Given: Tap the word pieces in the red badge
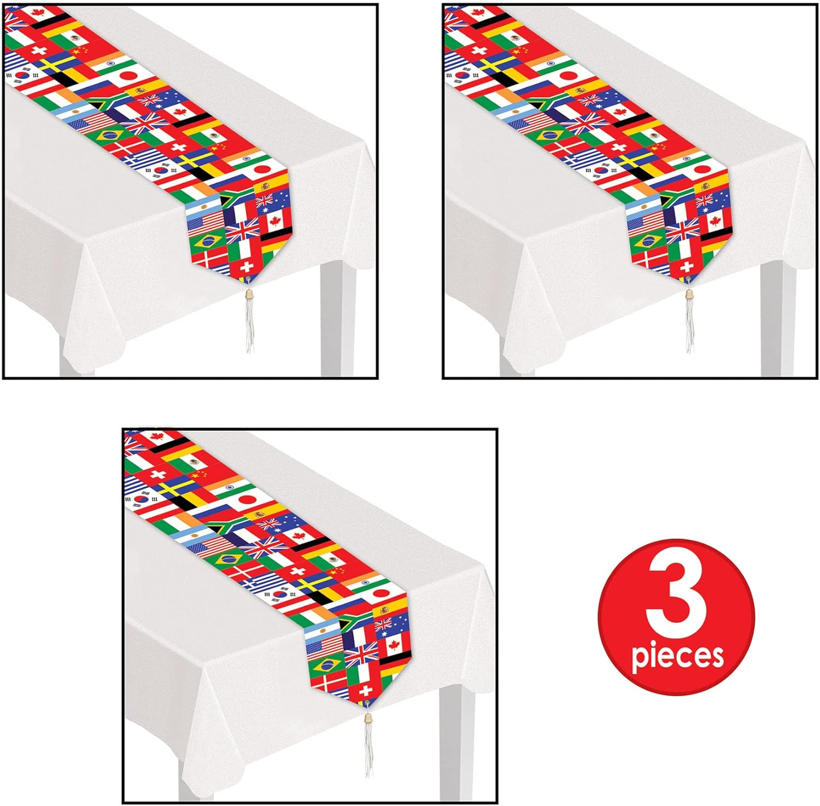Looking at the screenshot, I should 677,656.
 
